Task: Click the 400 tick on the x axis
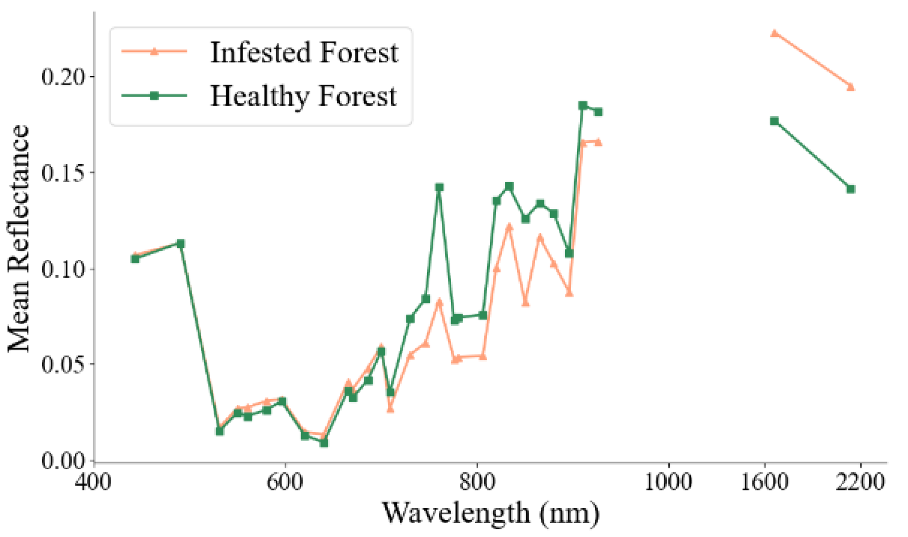93,482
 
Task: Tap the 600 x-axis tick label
285,482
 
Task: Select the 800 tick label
477,482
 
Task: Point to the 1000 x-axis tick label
668,482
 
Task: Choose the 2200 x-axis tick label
860,482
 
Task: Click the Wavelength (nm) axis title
490,513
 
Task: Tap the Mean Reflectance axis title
19,239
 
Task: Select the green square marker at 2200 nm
851,189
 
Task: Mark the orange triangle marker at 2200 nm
851,87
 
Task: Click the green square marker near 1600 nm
774,122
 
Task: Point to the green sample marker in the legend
154,96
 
